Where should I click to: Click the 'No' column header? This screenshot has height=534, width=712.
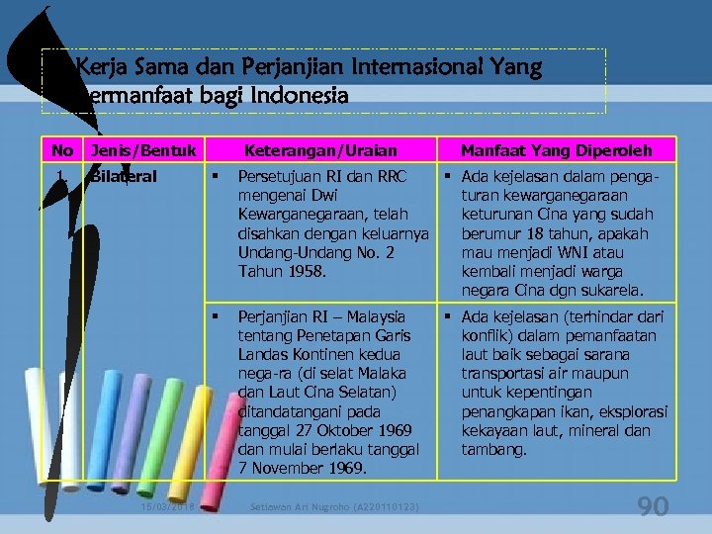click(x=63, y=150)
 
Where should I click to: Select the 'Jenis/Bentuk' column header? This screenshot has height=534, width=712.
click(x=142, y=150)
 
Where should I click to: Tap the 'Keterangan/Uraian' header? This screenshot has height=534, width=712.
click(x=320, y=150)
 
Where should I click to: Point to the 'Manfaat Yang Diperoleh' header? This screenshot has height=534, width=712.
click(x=556, y=150)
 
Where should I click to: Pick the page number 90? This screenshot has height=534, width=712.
click(x=653, y=507)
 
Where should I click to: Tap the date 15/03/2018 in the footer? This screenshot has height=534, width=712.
click(x=167, y=507)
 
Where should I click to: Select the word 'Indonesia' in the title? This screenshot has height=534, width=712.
click(x=297, y=97)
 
